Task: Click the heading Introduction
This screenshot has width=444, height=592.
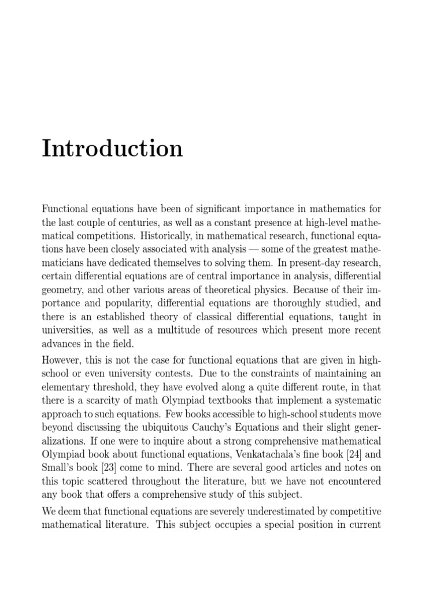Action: point(112,149)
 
